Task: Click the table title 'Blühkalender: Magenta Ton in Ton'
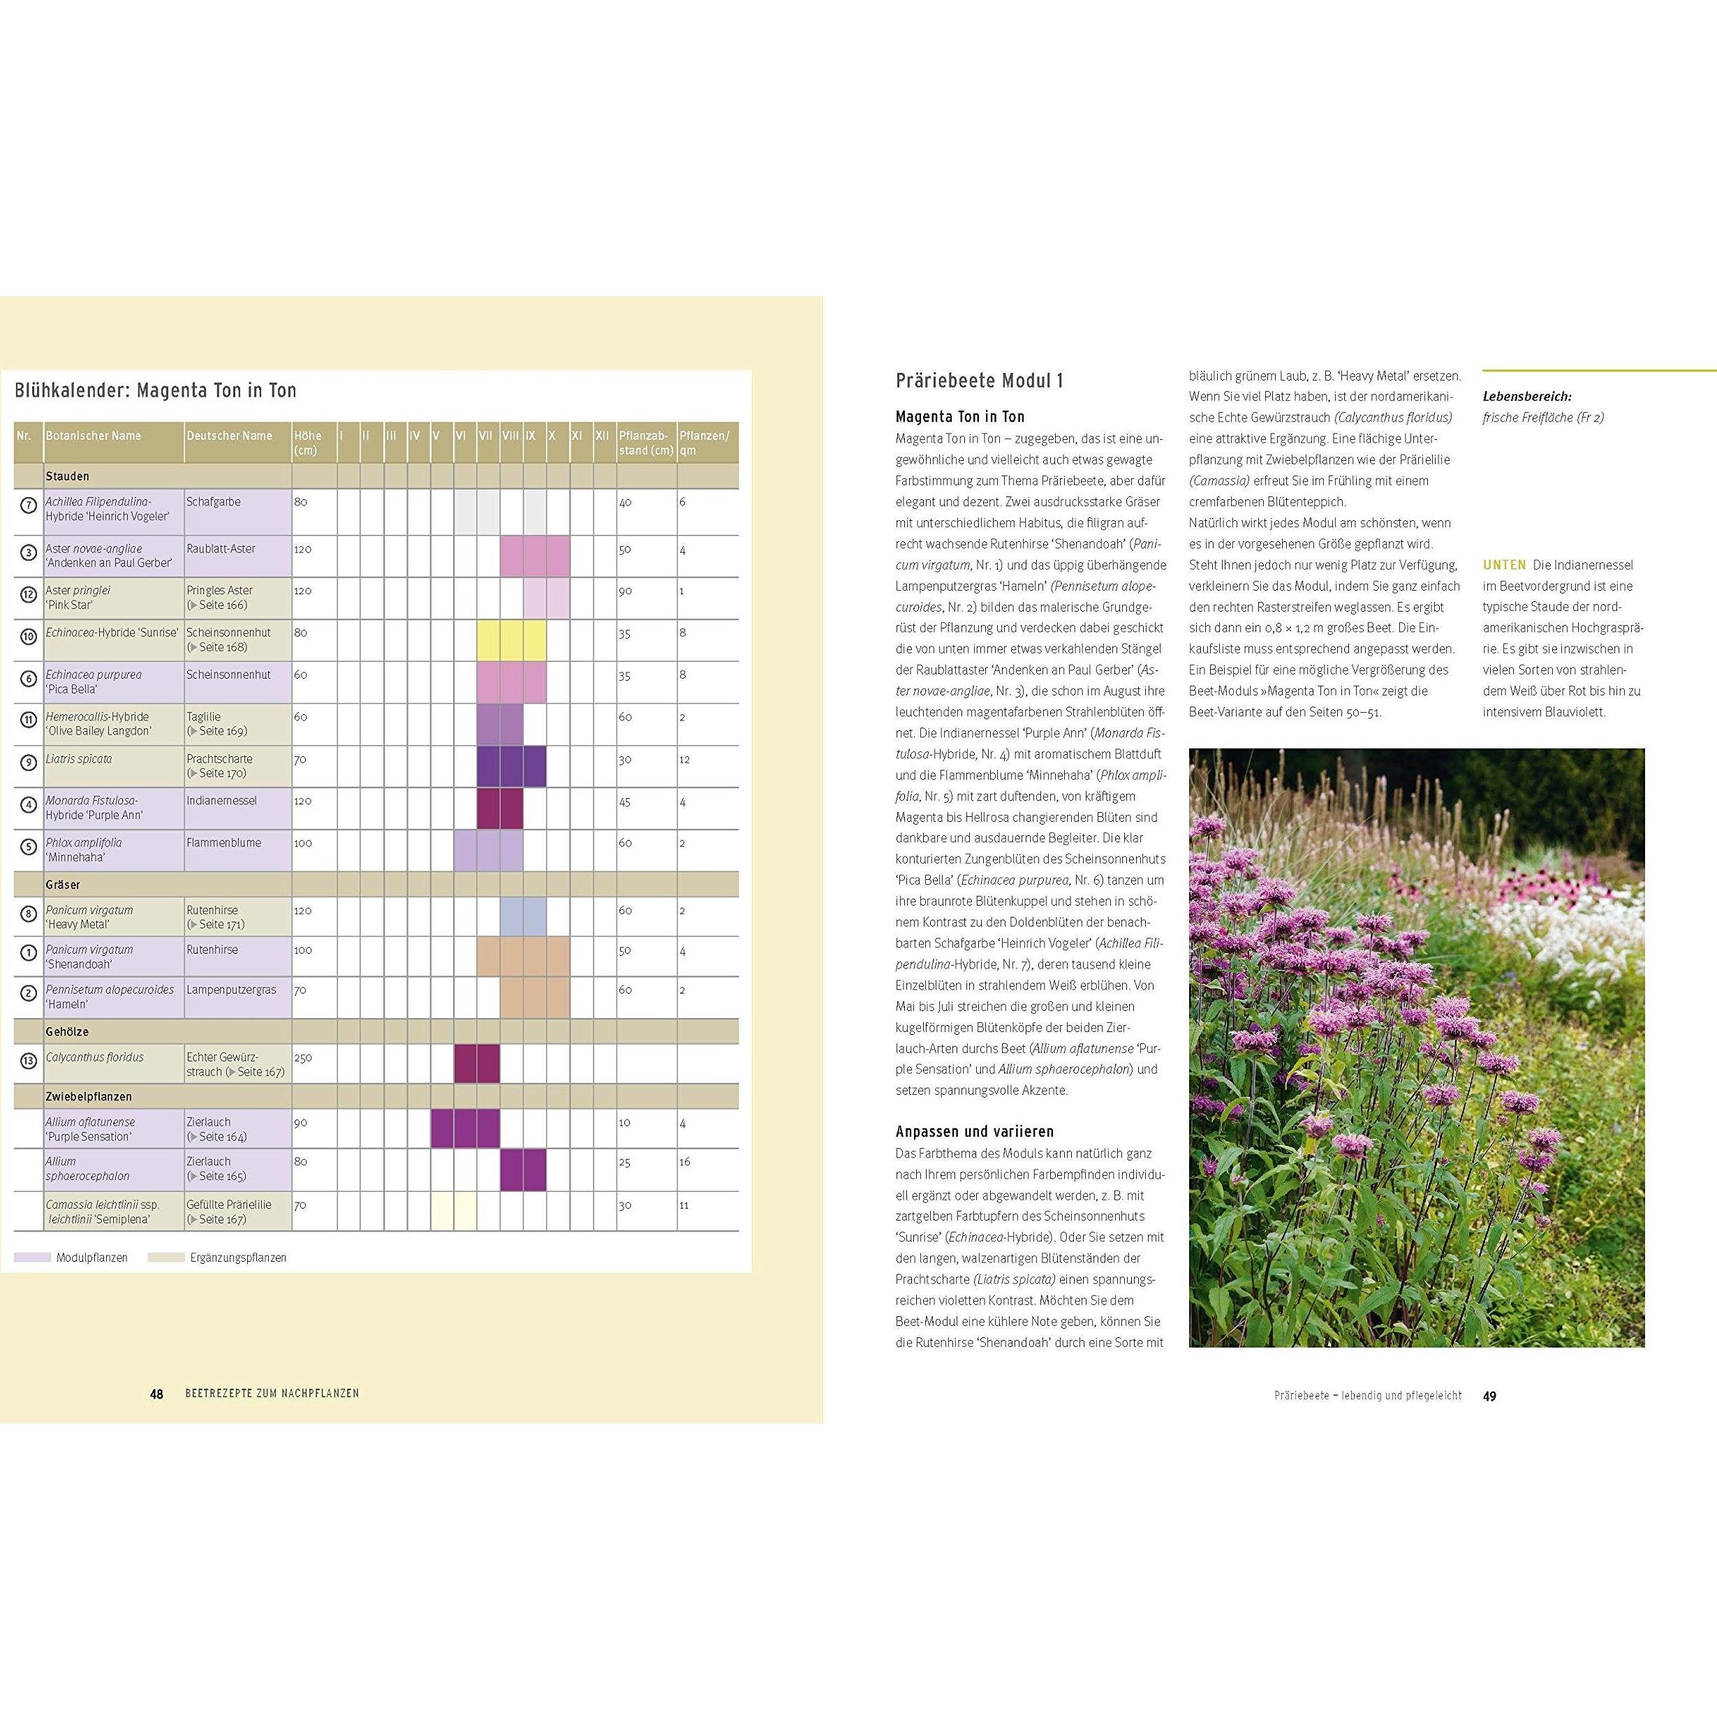(x=156, y=390)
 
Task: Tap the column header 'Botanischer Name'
(x=94, y=436)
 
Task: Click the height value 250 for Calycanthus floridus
(x=304, y=1058)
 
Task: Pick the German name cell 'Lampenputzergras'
(x=231, y=989)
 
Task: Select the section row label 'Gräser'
(x=63, y=884)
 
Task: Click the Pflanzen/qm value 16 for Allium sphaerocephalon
(x=685, y=1162)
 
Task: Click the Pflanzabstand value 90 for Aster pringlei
(x=625, y=591)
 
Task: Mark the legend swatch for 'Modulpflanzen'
(x=33, y=1258)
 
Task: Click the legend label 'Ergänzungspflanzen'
(x=238, y=1258)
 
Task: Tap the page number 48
(x=156, y=1394)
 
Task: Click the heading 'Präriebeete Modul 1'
(x=980, y=381)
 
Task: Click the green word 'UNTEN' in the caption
(x=1504, y=564)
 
